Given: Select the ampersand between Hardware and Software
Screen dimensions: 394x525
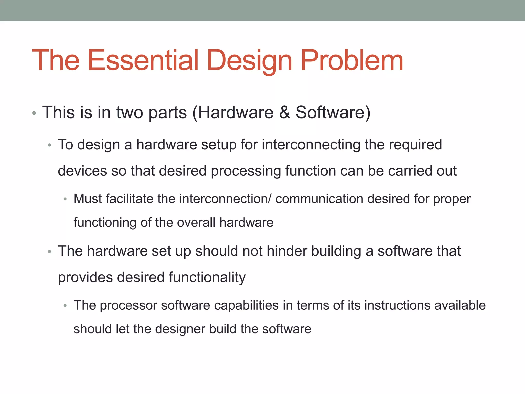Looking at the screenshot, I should [x=284, y=113].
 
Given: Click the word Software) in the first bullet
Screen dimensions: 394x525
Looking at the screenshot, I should [x=333, y=113].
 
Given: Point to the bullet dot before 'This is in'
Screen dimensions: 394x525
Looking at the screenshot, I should [x=34, y=113].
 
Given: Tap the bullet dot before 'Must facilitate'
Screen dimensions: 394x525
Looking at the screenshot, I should [x=65, y=199].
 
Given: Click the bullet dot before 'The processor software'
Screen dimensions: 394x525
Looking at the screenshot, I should [x=65, y=306].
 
